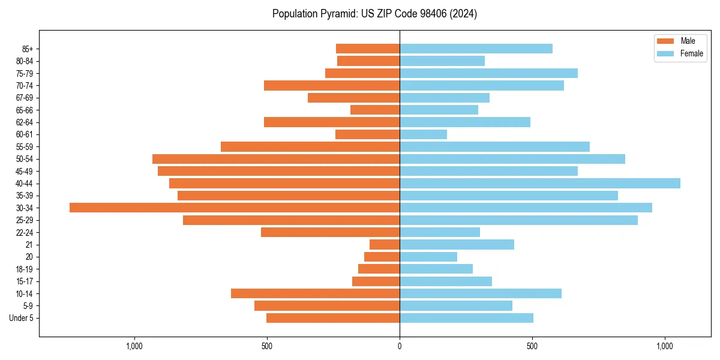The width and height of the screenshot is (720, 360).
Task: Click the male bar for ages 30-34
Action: (235, 208)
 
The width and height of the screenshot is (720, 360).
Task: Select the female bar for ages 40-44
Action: (540, 183)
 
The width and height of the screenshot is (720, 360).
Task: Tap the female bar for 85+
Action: (476, 49)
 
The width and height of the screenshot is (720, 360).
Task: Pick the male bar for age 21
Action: (385, 244)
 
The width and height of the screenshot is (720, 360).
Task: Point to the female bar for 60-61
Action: (423, 134)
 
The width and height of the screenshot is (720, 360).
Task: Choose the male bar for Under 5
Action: (333, 318)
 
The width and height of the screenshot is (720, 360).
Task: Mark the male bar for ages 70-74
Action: (332, 85)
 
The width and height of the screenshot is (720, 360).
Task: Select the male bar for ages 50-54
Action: (276, 159)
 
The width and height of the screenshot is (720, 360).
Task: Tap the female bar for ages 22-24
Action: (440, 232)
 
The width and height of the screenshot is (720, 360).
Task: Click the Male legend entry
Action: (688, 41)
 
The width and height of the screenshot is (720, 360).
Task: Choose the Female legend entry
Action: (691, 53)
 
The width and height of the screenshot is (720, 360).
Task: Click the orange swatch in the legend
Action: (666, 41)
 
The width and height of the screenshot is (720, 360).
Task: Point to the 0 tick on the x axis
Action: (400, 346)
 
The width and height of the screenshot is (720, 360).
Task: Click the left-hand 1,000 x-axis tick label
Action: (134, 346)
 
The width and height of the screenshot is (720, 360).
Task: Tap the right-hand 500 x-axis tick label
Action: (532, 346)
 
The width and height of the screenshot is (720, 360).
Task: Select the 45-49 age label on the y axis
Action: (25, 171)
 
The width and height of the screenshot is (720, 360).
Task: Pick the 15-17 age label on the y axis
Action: (25, 281)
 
